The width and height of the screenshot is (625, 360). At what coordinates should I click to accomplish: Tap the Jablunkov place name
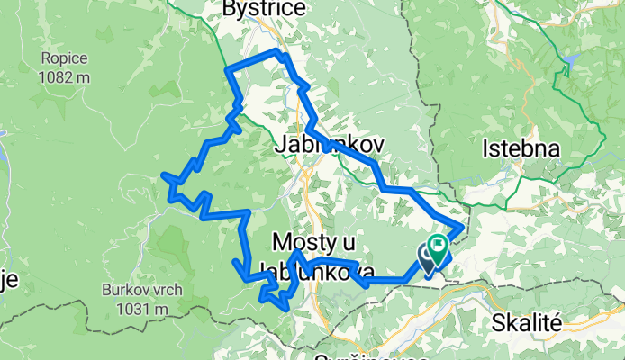coord(313,144)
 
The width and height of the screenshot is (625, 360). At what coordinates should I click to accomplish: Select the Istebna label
coord(521,148)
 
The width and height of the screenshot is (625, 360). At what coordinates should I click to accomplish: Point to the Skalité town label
coord(528,321)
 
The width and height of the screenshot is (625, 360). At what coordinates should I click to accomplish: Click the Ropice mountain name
coord(63,58)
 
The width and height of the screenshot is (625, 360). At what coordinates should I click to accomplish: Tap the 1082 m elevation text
coord(64,77)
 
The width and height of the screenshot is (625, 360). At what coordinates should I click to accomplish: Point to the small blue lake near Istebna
coord(571,63)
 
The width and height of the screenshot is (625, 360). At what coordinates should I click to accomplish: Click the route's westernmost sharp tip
coord(162,175)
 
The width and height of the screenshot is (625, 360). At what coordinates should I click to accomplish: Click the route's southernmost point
coord(287,309)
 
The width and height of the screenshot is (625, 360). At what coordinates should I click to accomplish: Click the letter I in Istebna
coord(487,148)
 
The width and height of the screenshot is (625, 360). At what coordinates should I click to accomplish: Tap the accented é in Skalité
coord(557,321)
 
